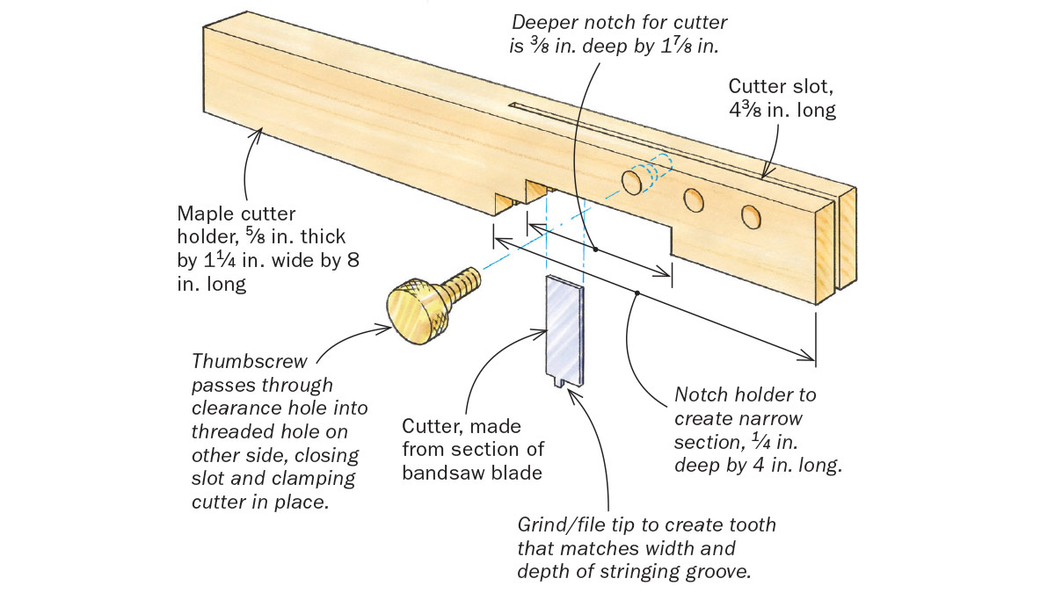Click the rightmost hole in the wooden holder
point(749,214)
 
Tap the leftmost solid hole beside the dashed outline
point(631,181)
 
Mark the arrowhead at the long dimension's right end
point(810,355)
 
